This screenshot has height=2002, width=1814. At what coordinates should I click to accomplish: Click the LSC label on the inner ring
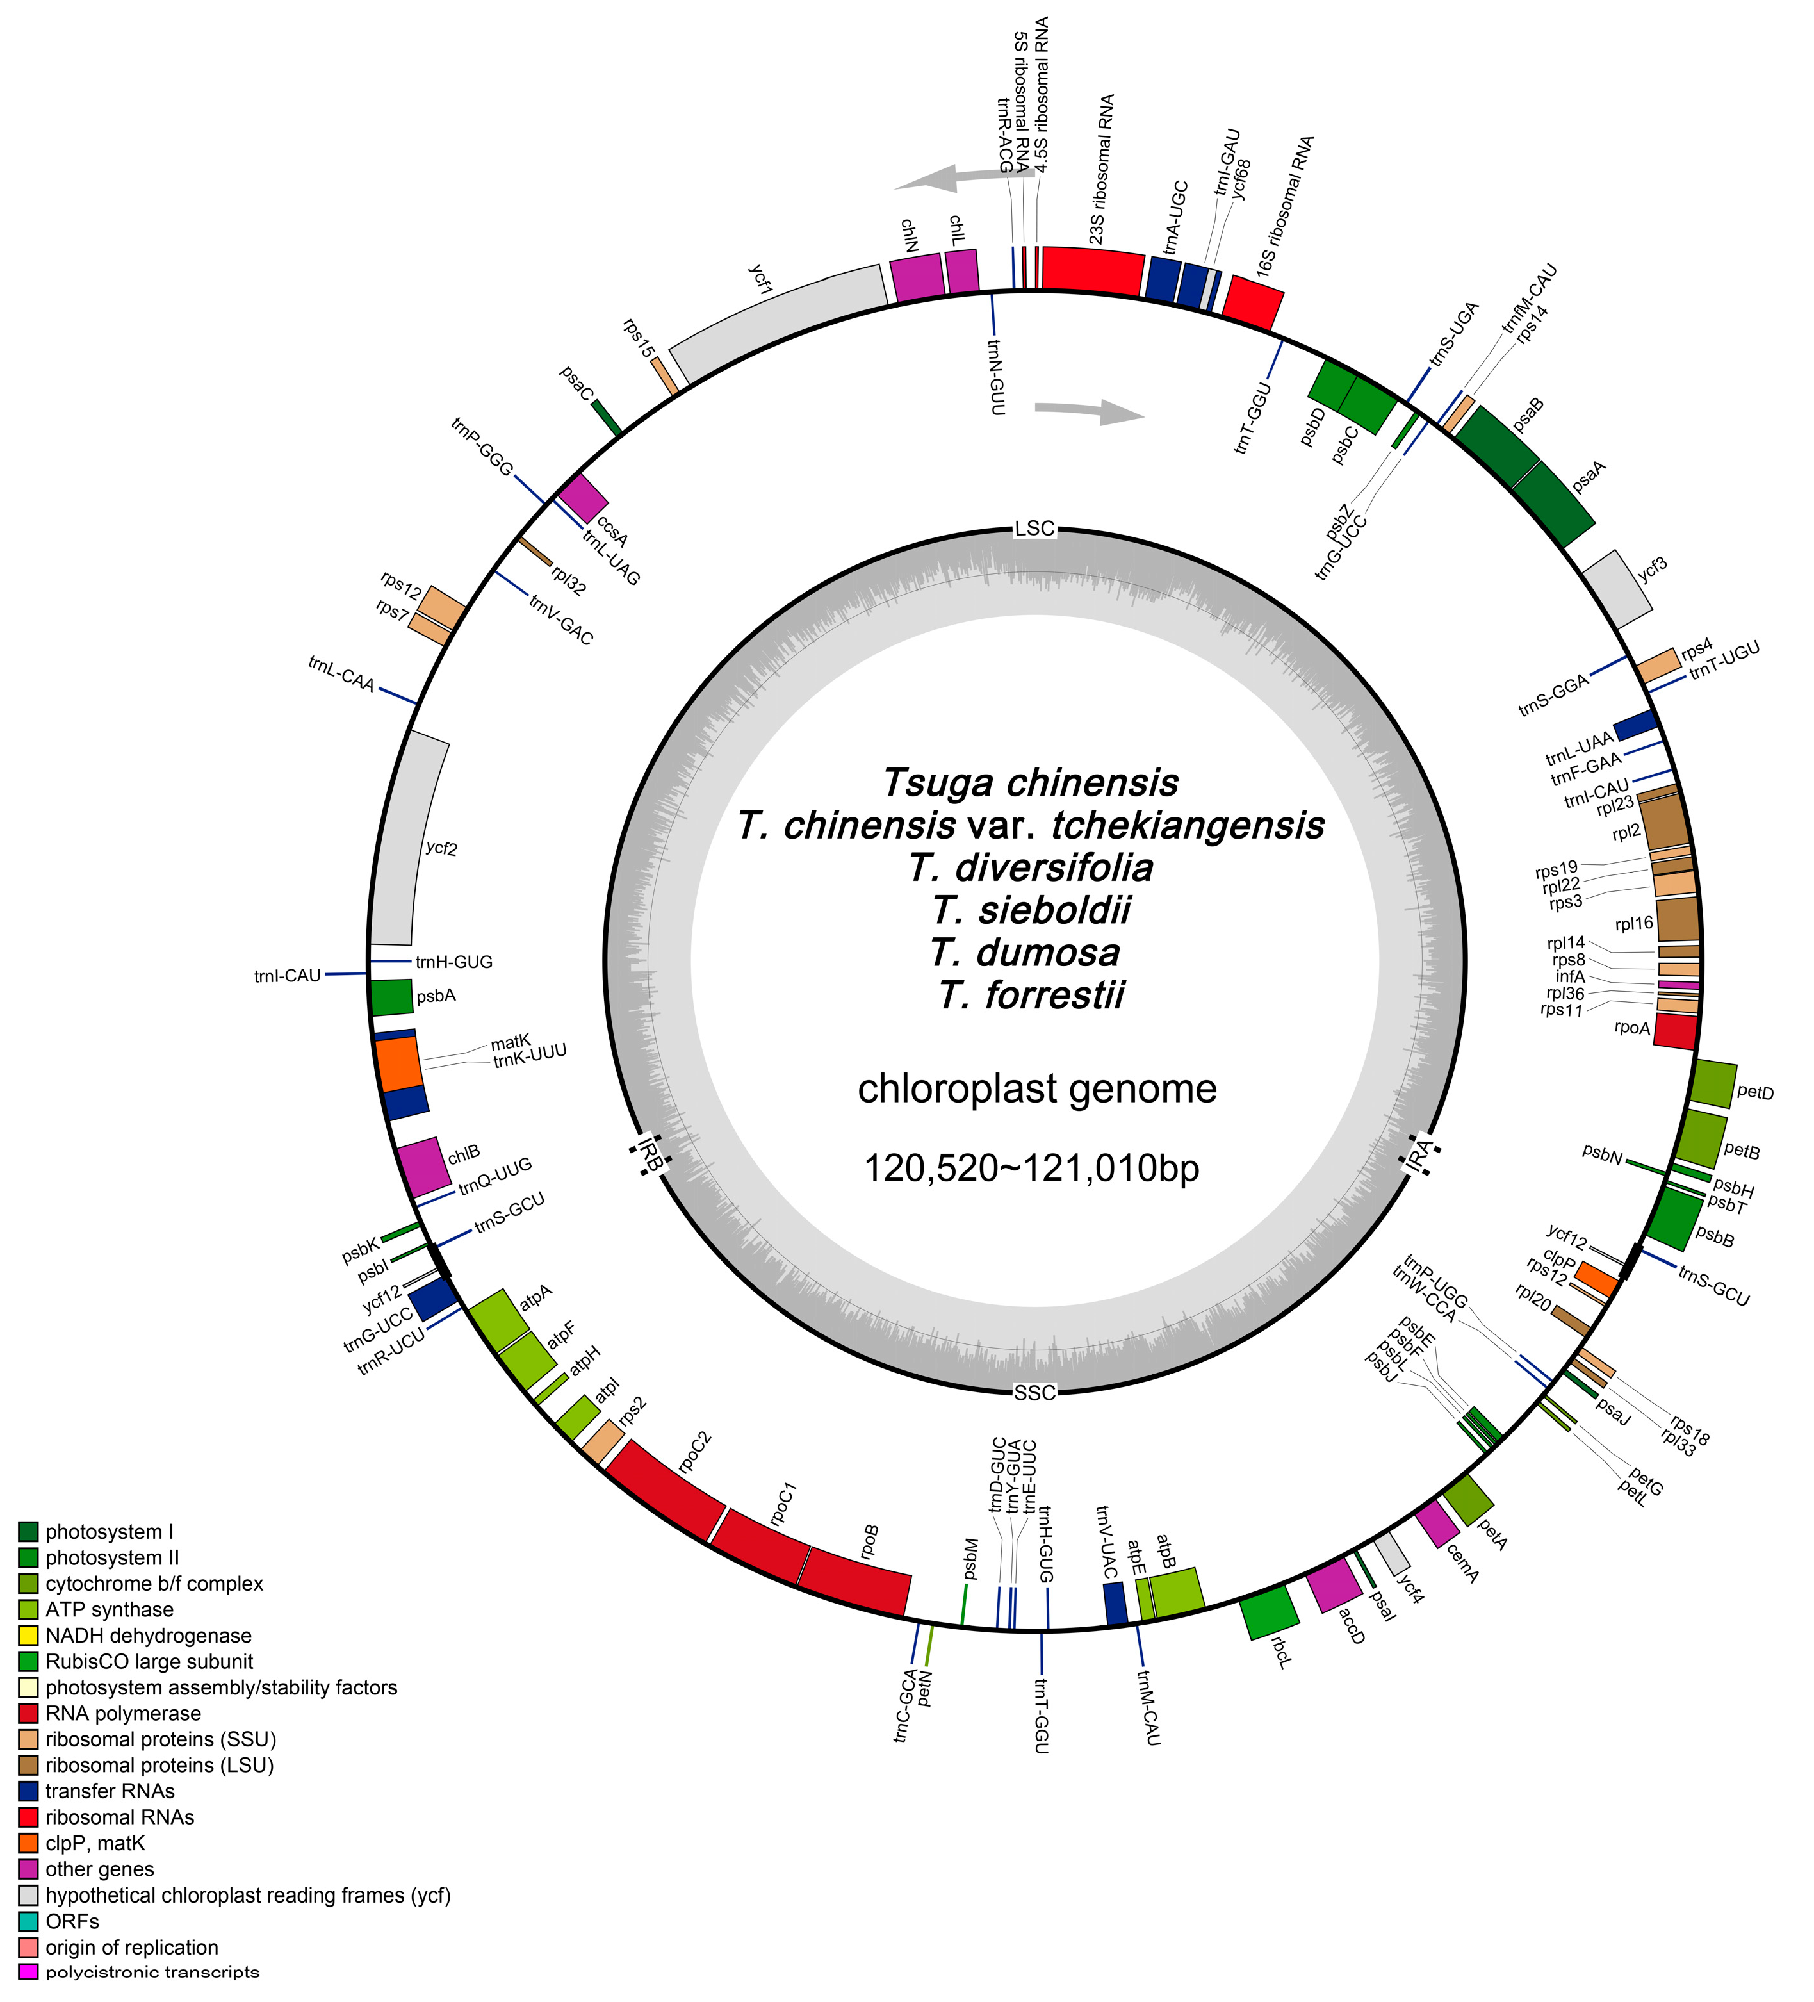[1034, 529]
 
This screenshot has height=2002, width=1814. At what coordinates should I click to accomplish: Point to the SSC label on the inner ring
[1034, 1392]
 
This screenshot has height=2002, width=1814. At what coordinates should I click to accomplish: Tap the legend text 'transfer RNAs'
[110, 1791]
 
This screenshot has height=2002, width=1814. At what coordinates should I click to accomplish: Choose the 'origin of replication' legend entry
[131, 1946]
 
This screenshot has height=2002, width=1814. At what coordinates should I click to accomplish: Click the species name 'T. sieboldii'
[1032, 910]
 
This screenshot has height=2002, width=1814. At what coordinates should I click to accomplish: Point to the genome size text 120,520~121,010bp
[1032, 1168]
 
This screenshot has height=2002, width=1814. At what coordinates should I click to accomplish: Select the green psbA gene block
[391, 997]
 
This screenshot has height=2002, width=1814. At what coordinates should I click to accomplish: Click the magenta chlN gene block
[917, 277]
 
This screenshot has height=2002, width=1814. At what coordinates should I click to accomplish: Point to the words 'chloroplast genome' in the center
[1036, 1088]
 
